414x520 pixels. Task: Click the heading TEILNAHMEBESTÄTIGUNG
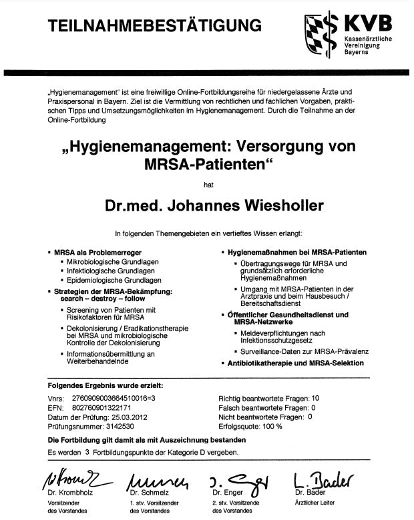point(154,25)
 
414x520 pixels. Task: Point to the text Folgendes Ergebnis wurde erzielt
point(105,385)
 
